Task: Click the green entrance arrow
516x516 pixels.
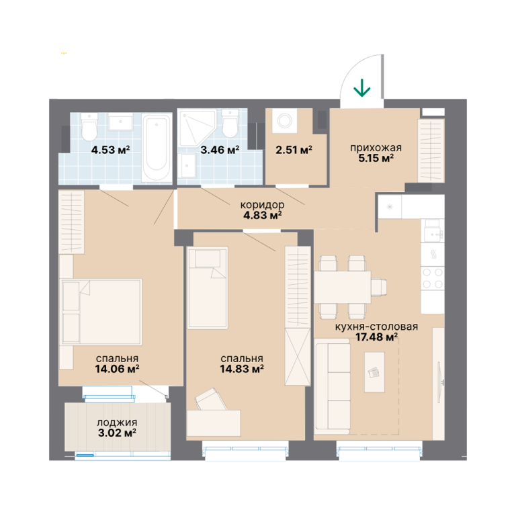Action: (362, 88)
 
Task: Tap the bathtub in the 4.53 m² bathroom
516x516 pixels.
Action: (157, 147)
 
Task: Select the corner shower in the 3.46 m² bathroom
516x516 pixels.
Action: (196, 129)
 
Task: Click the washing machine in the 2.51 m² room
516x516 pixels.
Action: (284, 120)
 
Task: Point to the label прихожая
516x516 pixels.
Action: (376, 148)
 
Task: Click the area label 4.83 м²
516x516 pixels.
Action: (262, 215)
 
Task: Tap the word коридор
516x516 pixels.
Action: (262, 205)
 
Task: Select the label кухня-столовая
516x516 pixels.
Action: (376, 327)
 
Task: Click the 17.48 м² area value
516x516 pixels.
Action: (376, 337)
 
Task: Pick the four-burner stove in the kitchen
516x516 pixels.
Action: (433, 278)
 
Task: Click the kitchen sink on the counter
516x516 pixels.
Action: (433, 234)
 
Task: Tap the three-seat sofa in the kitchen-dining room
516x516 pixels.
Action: (332, 386)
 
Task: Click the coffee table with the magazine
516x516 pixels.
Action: (374, 372)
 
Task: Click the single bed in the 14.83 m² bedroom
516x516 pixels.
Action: (208, 288)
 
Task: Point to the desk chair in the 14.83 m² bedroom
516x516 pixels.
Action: (210, 400)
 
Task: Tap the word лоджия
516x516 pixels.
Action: (117, 423)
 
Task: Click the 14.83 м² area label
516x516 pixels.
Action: (242, 369)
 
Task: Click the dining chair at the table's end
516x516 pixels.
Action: (379, 287)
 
